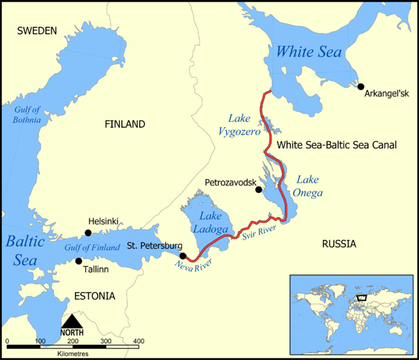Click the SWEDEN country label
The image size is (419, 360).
click(x=37, y=31)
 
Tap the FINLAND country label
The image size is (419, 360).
click(x=125, y=124)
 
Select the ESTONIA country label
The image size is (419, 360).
click(x=94, y=296)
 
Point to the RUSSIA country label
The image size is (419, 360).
click(x=339, y=244)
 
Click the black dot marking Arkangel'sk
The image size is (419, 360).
click(x=361, y=86)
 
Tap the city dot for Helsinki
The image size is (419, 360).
click(x=88, y=233)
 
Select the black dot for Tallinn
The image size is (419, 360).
click(x=79, y=261)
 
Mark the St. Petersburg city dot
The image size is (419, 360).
click(x=183, y=256)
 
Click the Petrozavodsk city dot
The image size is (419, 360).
click(x=258, y=190)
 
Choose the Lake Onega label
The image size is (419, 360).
click(x=310, y=186)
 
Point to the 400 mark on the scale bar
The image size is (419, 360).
click(x=138, y=341)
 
